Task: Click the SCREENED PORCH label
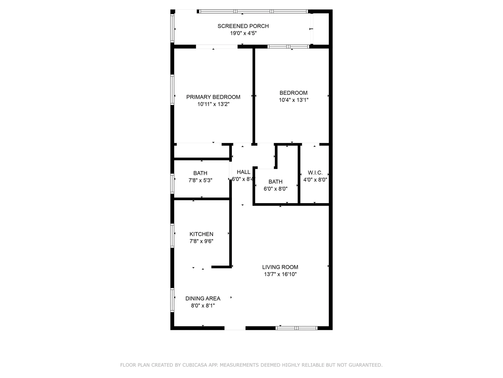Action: pyautogui.click(x=243, y=26)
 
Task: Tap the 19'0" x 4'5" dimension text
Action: pyautogui.click(x=243, y=33)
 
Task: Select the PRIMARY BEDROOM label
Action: pyautogui.click(x=213, y=97)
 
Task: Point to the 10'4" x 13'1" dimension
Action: pyautogui.click(x=293, y=100)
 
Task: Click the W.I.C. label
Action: pyautogui.click(x=315, y=173)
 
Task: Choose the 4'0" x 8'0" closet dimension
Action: pyautogui.click(x=315, y=180)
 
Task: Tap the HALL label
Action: pyautogui.click(x=243, y=172)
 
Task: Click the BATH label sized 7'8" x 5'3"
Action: pyautogui.click(x=200, y=173)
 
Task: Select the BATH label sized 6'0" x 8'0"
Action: pyautogui.click(x=275, y=182)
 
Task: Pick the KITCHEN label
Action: pyautogui.click(x=201, y=234)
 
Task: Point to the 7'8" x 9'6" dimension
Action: pyautogui.click(x=201, y=241)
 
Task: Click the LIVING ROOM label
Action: pyautogui.click(x=280, y=267)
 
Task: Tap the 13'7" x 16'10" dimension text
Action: pyautogui.click(x=280, y=274)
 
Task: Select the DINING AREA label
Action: pyautogui.click(x=203, y=298)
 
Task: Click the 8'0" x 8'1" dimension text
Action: pyautogui.click(x=203, y=306)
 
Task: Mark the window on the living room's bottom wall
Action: pyautogui.click(x=297, y=328)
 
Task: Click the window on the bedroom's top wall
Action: pyautogui.click(x=288, y=47)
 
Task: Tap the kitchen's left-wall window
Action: pyautogui.click(x=172, y=236)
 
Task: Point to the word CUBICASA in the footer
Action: pyautogui.click(x=195, y=365)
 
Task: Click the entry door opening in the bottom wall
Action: pyautogui.click(x=235, y=328)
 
